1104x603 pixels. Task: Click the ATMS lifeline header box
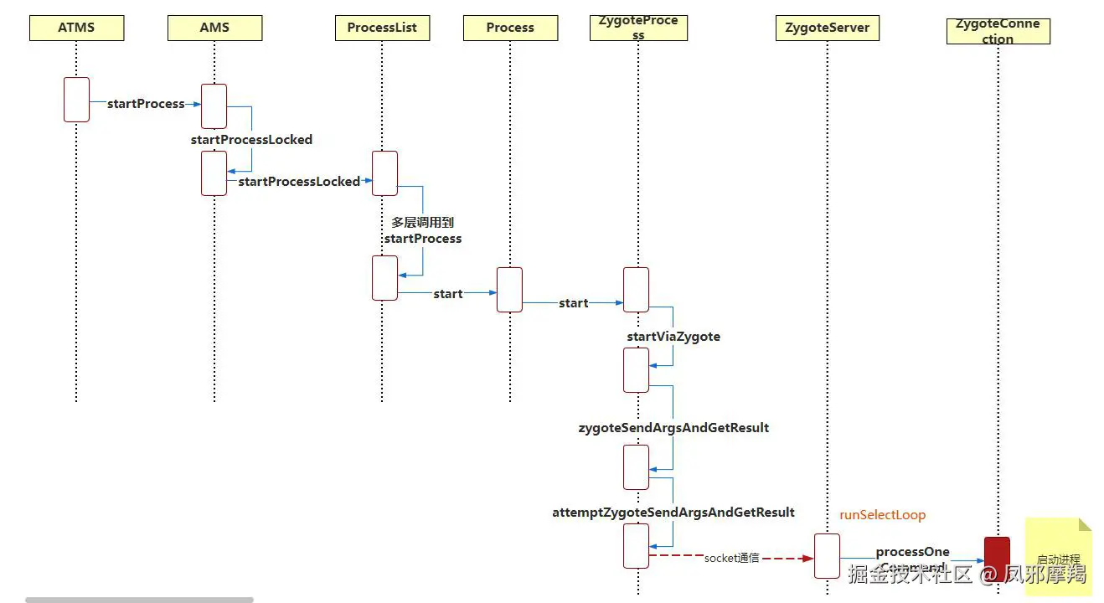point(76,28)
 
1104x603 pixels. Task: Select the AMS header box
point(214,28)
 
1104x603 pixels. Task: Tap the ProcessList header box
point(382,28)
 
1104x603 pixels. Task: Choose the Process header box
point(510,28)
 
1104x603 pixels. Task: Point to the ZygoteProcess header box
point(638,28)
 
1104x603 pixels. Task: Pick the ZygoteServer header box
point(827,28)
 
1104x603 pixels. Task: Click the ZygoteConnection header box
point(998,31)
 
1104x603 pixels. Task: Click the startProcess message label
point(146,104)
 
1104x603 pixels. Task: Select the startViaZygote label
point(673,337)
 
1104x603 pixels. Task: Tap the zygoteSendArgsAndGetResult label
point(673,428)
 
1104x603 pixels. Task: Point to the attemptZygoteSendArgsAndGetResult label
point(673,513)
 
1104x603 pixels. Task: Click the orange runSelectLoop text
point(882,515)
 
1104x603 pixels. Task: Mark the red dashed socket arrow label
point(731,558)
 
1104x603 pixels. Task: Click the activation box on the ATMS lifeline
point(76,100)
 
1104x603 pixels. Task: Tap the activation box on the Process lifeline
point(509,290)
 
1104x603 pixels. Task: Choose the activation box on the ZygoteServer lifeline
point(827,555)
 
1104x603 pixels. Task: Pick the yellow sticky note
point(1059,556)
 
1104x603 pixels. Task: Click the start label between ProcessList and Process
point(448,294)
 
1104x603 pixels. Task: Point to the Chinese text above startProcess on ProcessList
point(422,223)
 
